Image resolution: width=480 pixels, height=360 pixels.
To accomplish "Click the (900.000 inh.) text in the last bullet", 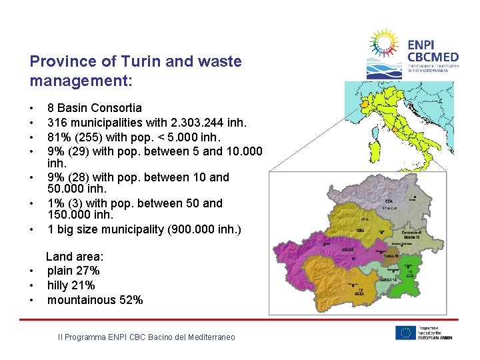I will click(x=207, y=229).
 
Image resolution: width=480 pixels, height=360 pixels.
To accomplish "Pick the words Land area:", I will click(x=74, y=257).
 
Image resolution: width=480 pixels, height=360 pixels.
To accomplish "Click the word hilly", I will click(x=57, y=285).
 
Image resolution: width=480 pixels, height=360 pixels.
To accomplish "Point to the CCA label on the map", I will click(x=389, y=201).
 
